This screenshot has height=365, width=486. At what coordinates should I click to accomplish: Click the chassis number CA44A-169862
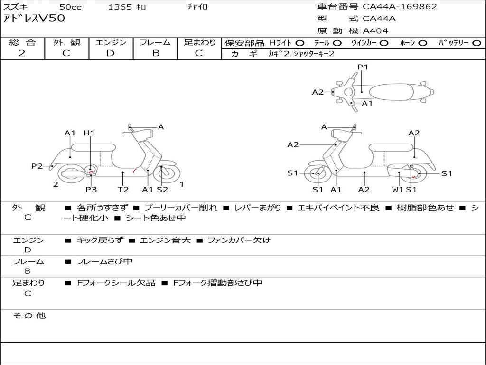coord(400,7)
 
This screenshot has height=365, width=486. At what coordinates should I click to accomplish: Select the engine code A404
coord(375,31)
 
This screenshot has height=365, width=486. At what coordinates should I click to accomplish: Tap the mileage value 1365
coord(120,7)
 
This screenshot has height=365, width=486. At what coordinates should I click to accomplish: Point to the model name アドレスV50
coord(34,19)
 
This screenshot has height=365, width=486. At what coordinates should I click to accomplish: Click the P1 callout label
coord(363,67)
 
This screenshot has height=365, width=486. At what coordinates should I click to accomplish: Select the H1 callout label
coord(89,133)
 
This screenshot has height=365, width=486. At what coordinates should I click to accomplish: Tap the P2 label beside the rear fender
coord(37,166)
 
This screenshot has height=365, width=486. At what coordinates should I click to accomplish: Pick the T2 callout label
coord(123,189)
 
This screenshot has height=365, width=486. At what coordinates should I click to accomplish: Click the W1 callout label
coord(397,189)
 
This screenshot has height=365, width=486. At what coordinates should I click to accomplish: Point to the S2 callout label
coord(162,189)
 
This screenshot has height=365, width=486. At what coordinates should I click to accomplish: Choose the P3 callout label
coord(91,189)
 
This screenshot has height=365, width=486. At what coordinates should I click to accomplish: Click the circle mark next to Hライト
coord(300,43)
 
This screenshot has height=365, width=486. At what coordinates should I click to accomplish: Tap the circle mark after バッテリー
coord(477,43)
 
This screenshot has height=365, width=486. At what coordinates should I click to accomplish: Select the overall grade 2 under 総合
coord(22,53)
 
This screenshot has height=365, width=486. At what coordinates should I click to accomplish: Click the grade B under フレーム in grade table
coord(155,53)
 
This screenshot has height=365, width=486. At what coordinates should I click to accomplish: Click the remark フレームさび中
coord(104,261)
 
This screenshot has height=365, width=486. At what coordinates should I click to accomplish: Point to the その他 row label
coord(29,316)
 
